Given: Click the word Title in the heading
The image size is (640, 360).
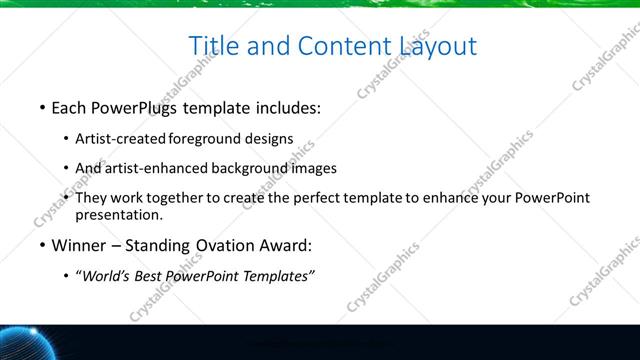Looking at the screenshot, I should coord(213,45).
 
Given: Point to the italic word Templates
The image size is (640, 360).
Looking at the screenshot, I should coord(277,276).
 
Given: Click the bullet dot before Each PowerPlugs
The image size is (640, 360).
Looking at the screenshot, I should coord(42,106).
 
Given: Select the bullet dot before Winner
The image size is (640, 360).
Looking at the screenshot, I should coord(42,245).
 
